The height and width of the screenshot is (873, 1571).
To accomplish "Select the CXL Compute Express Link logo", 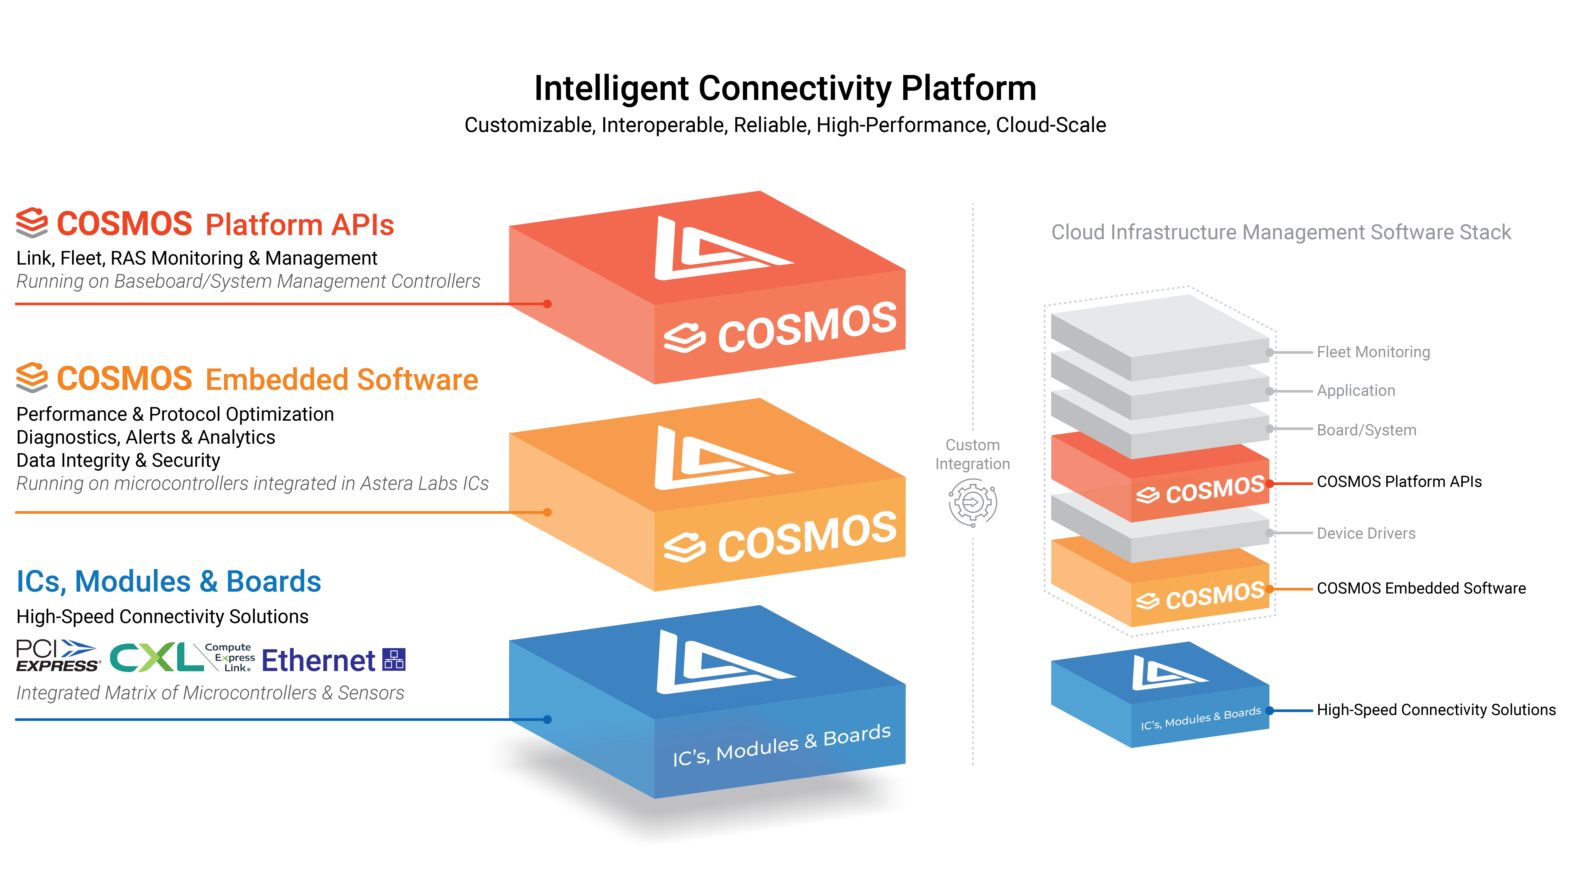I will (182, 657).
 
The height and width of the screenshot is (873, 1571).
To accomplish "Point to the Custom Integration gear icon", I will (973, 503).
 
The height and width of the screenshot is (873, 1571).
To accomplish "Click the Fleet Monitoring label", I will (1373, 352).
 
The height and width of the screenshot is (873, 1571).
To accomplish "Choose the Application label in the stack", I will (1356, 391).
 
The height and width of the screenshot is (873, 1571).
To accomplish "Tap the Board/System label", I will (1366, 430).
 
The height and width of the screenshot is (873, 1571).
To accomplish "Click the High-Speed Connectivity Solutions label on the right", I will (1436, 710).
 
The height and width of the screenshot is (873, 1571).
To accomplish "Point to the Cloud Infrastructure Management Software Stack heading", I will (1281, 232).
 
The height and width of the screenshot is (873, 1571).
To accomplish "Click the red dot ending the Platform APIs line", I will (548, 304).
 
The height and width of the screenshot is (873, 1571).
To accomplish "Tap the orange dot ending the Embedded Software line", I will (548, 512).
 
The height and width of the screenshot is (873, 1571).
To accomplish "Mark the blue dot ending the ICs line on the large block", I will (548, 719).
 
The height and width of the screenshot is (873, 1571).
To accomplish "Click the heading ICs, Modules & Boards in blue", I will (168, 581).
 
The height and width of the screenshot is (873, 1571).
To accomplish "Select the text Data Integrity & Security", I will (118, 461).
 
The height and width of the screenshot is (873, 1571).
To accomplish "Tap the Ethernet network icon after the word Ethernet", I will (394, 660).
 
